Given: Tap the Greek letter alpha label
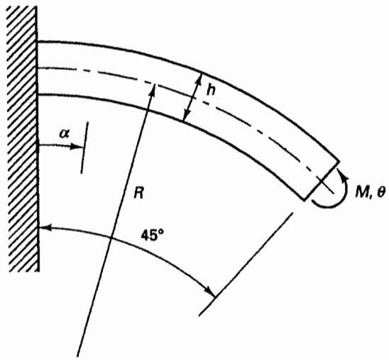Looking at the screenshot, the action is (x=65, y=134).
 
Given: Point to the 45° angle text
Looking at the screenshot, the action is (x=153, y=235).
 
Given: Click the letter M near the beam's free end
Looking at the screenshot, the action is (x=362, y=192).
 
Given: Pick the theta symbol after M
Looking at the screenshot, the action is (x=380, y=192).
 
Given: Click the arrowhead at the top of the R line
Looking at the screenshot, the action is (x=153, y=88).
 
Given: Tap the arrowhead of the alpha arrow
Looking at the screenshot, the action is (x=77, y=147).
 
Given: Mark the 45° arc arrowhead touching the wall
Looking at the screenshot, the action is (x=45, y=227).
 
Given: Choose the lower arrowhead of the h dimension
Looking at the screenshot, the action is (x=186, y=116).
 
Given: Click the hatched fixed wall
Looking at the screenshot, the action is (x=23, y=139).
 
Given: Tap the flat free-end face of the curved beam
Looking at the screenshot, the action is (x=322, y=180).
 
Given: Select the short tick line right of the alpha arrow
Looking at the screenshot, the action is (x=84, y=148).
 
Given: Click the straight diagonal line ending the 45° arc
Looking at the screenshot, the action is (x=246, y=263).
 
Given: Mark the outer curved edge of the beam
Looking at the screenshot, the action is (x=202, y=72).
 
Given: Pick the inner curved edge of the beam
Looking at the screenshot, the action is (x=184, y=121).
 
